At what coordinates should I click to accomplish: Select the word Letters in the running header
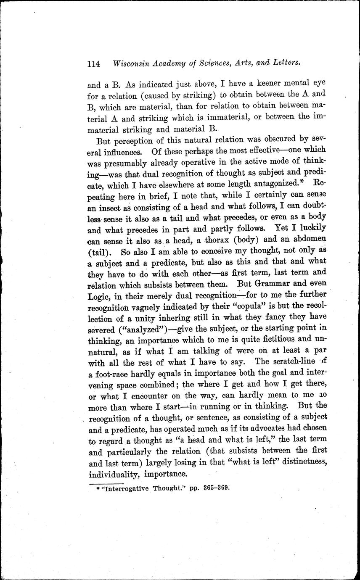coord(284,63)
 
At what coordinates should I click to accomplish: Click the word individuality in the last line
coord(113,474)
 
